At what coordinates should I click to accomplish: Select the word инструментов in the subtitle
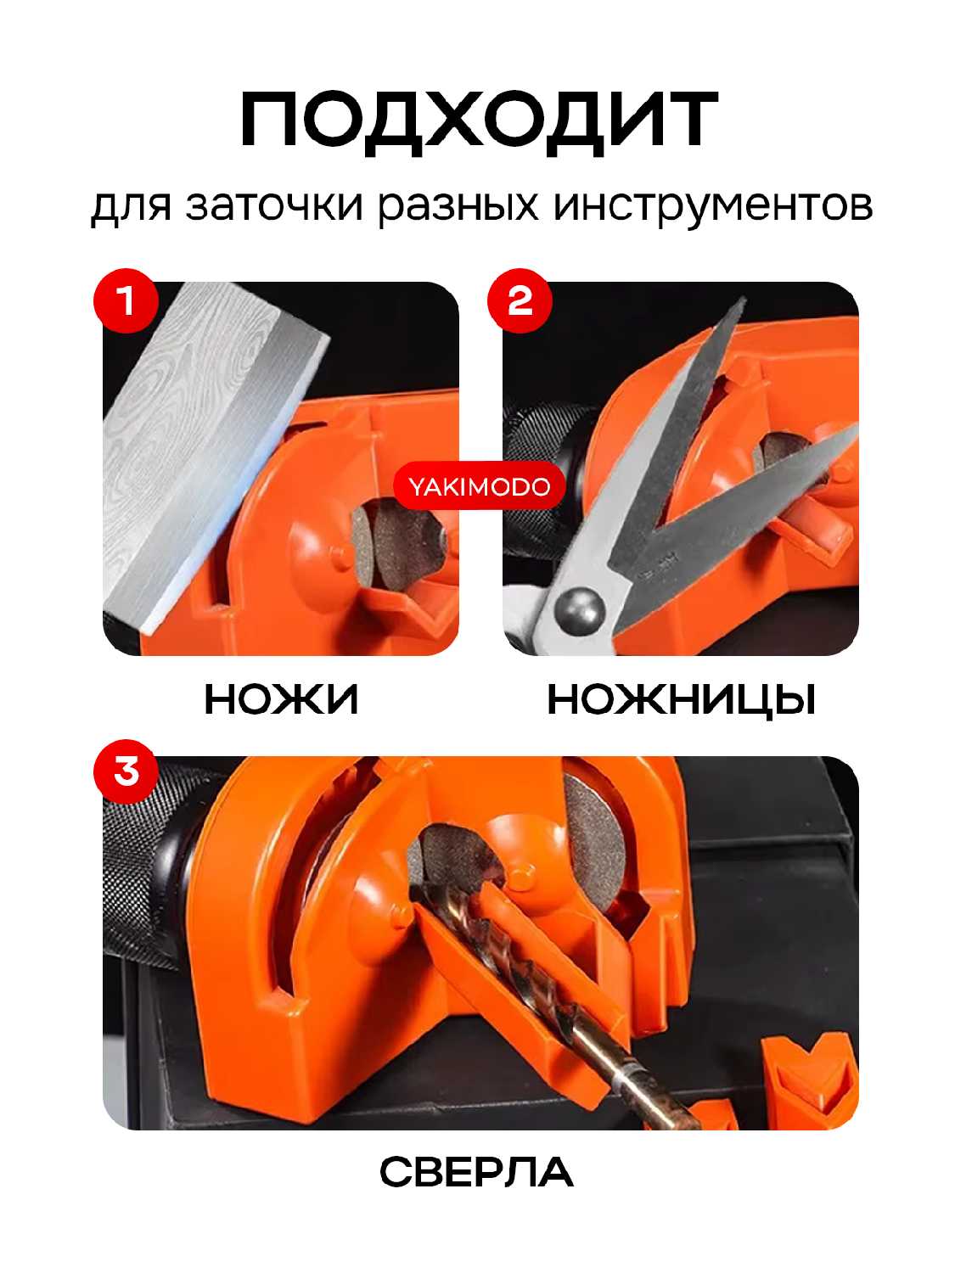tap(713, 206)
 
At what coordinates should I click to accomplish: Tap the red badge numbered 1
tap(126, 300)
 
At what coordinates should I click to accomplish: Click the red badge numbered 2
tap(519, 300)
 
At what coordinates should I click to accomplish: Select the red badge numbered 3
tap(126, 771)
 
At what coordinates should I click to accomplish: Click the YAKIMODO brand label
tap(479, 486)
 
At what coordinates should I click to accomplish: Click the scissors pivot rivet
tap(579, 607)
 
